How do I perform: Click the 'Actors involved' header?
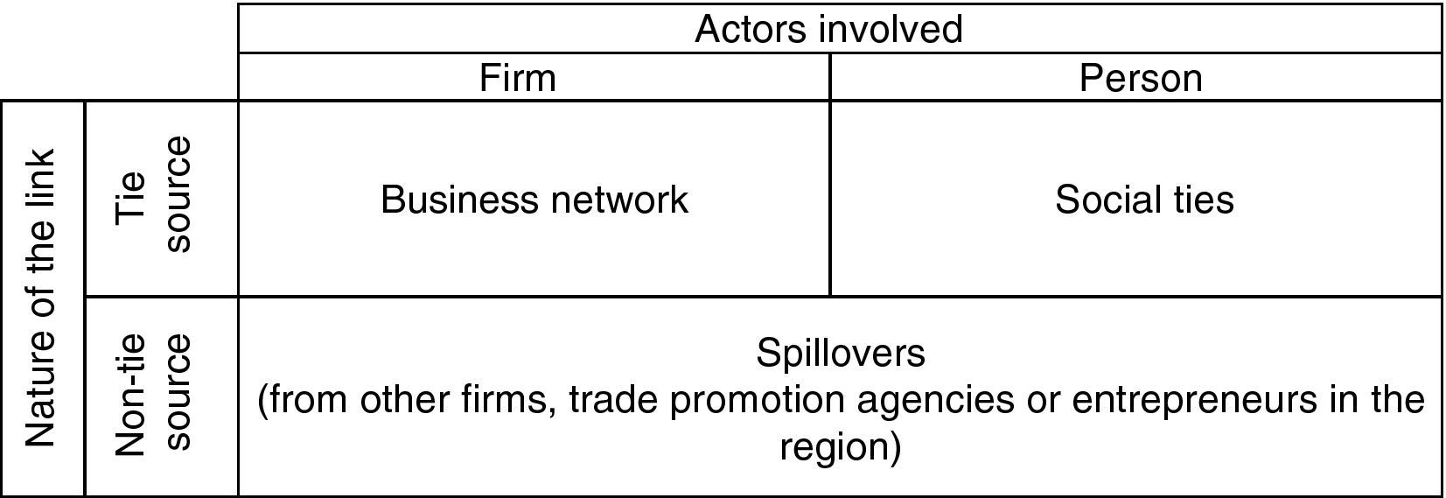coord(828,29)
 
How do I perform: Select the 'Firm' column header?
coord(517,78)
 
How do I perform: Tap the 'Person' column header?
coord(1140,78)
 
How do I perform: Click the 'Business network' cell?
coord(534,200)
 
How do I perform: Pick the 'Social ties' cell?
coord(1144,200)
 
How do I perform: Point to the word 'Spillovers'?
coord(840,353)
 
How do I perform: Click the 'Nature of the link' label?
coord(41,298)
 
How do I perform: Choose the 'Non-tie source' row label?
coord(153,394)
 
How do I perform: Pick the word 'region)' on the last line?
coord(840,447)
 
